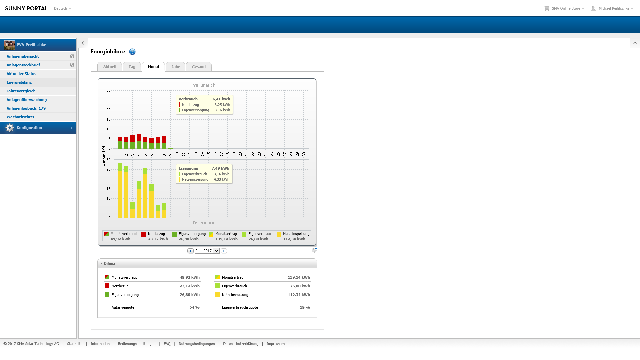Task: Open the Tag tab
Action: pos(132,67)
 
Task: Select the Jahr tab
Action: pos(176,67)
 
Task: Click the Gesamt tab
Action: pos(199,67)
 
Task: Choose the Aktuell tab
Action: pos(110,67)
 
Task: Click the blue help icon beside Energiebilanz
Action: pos(132,52)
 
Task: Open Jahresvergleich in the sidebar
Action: pos(21,91)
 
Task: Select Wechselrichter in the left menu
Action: pos(20,117)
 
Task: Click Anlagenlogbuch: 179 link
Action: pos(26,108)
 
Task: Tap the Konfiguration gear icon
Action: pos(10,128)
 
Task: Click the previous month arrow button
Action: pos(190,251)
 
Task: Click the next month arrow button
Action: pos(224,251)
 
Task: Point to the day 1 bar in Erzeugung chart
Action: pos(120,191)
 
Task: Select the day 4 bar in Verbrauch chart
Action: pos(139,141)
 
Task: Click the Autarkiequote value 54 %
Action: pos(195,307)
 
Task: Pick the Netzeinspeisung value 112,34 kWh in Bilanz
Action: pos(299,295)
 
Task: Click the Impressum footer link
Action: pos(276,344)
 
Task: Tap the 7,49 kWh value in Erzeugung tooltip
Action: pos(220,168)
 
